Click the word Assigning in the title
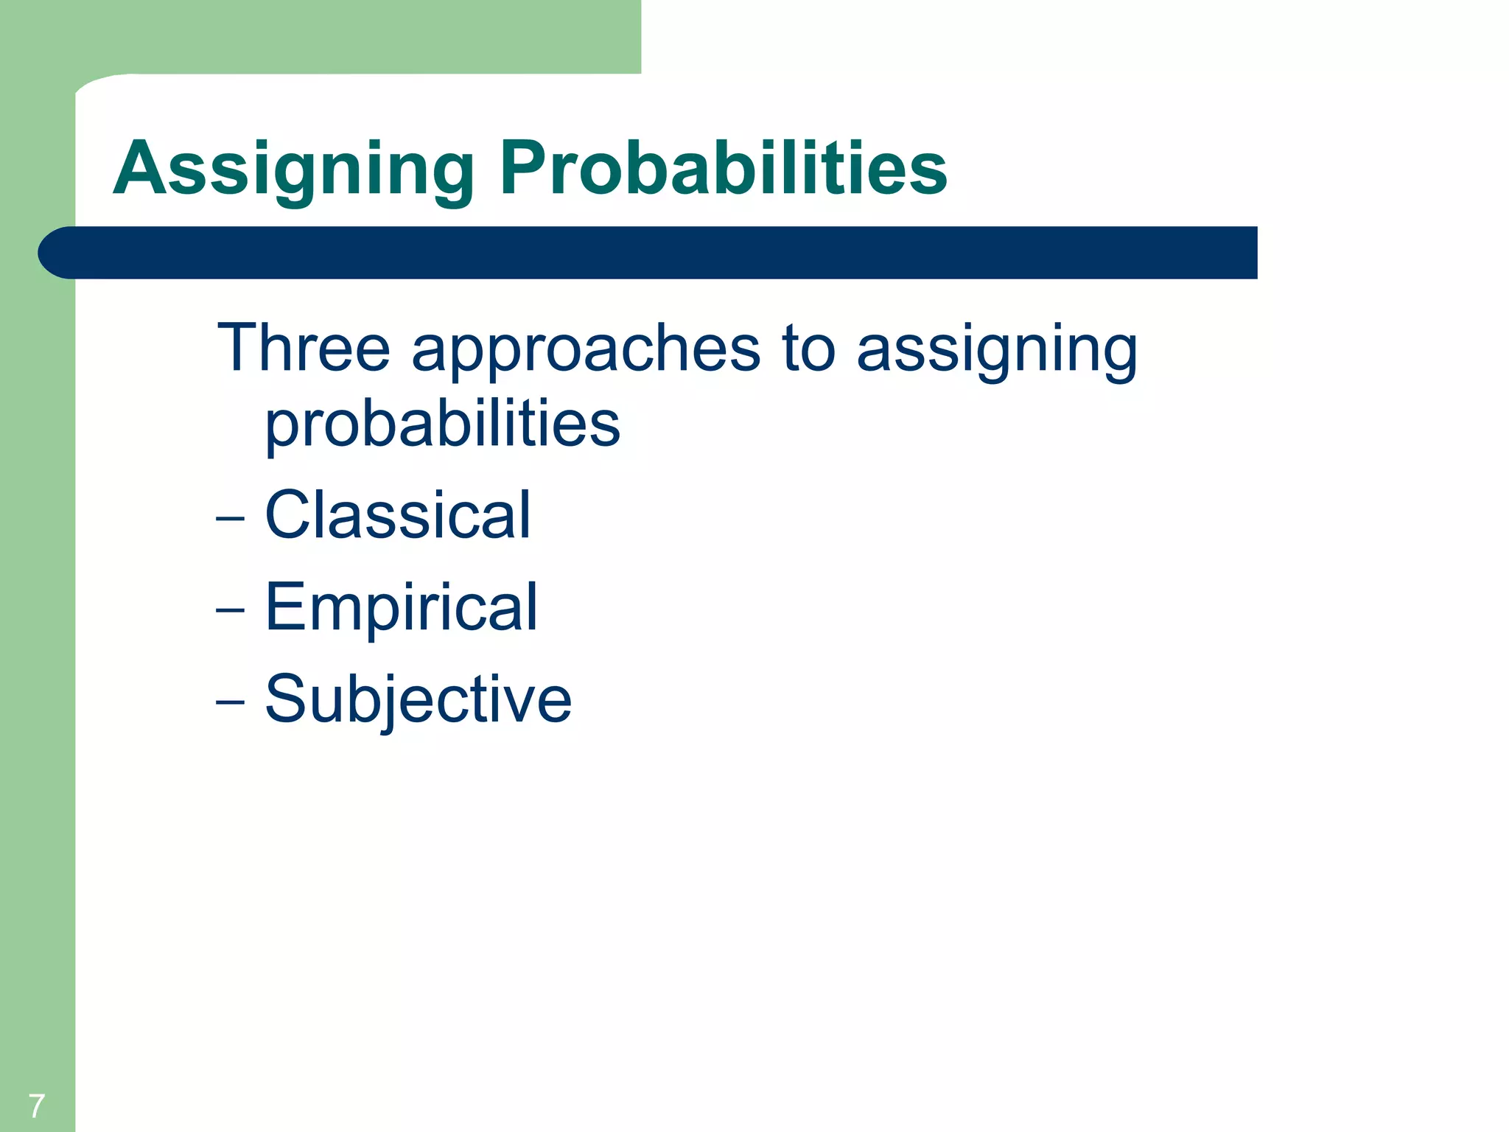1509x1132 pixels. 293,170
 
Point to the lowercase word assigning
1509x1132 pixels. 997,352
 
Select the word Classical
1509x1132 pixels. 397,515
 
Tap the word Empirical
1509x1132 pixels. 402,607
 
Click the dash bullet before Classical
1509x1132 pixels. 230,519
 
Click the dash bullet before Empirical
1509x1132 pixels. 230,611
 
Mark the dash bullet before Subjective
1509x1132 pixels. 230,702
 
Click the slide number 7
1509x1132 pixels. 37,1105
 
